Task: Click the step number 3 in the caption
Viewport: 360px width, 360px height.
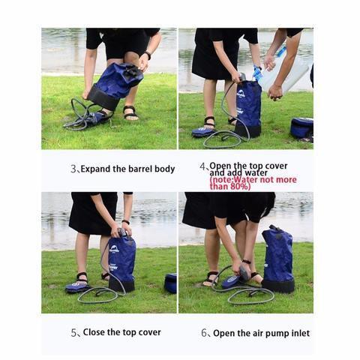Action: (x=73, y=169)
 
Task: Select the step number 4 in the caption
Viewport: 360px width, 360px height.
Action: (x=202, y=166)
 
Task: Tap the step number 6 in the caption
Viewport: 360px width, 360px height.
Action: (x=205, y=333)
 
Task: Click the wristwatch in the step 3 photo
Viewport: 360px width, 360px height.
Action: (x=148, y=55)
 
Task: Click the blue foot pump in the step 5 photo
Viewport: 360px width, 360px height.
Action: (x=76, y=286)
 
